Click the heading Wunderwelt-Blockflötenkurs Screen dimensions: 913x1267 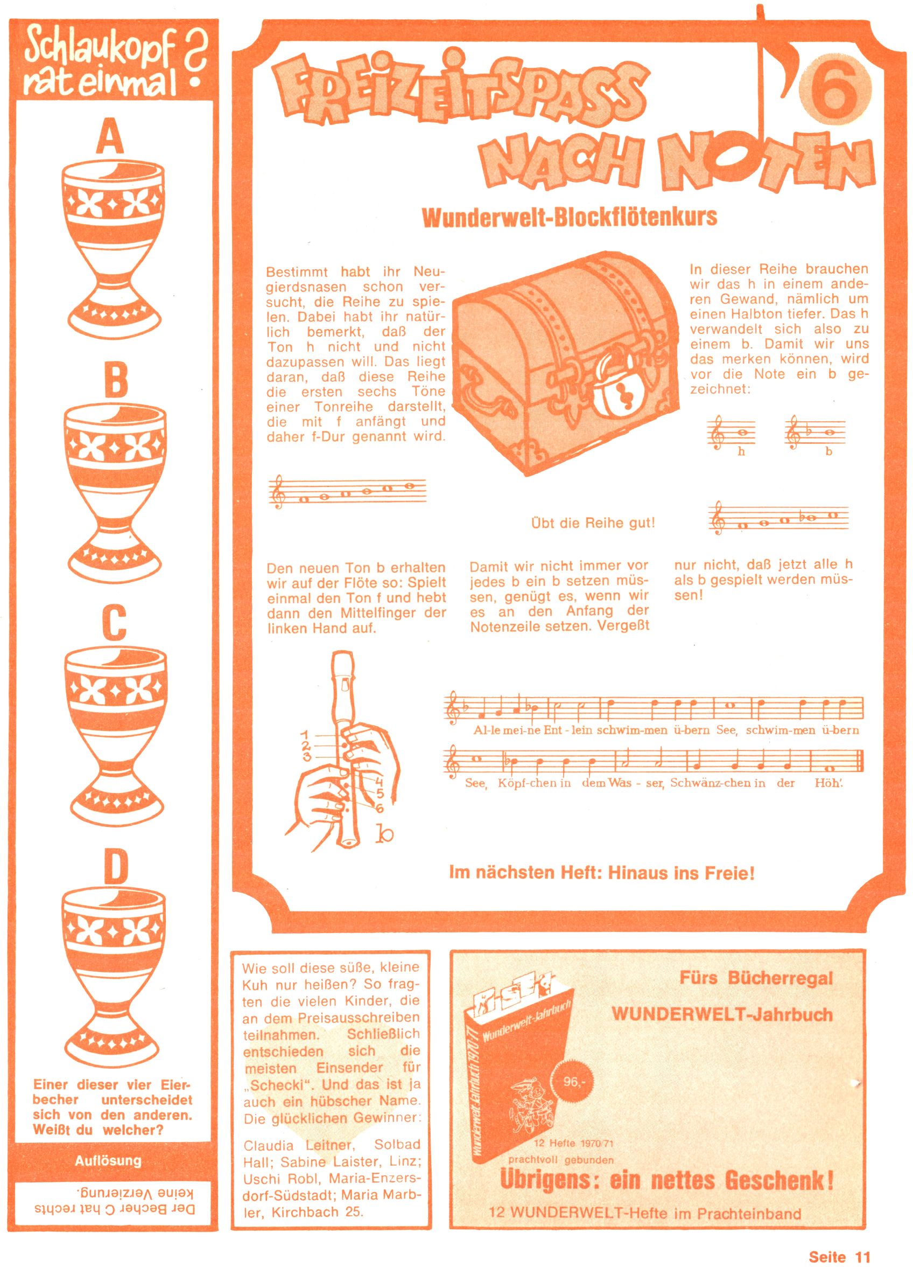(x=569, y=217)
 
